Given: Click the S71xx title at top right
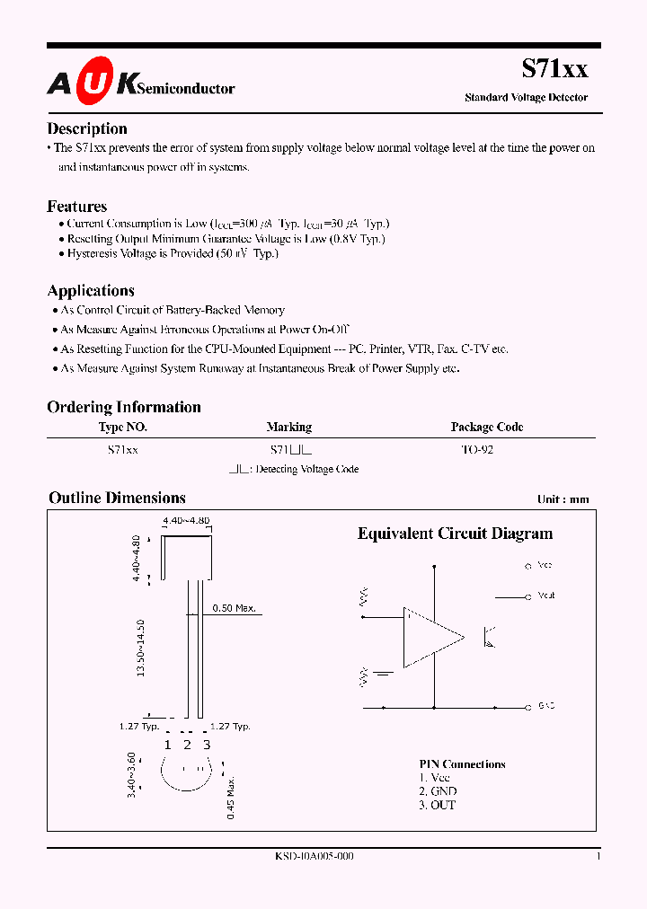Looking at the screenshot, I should tap(554, 67).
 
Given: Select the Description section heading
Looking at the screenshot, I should tap(87, 128).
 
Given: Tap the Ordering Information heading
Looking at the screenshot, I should tap(124, 407).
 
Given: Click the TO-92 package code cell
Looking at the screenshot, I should tap(476, 450).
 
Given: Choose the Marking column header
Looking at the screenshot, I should tap(288, 428).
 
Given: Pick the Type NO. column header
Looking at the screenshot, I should tap(122, 428).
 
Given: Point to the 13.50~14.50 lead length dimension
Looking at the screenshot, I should tap(140, 648).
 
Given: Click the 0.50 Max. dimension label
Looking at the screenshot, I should tap(234, 608).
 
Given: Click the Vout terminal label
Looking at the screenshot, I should tap(545, 596).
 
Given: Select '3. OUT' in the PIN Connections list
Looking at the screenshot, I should tap(438, 805).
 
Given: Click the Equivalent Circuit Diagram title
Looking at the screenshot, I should tap(455, 534).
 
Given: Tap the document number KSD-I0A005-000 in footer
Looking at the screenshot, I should tap(314, 857).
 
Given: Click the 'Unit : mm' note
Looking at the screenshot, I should tap(563, 499).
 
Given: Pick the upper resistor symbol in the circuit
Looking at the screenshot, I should tap(364, 597).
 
